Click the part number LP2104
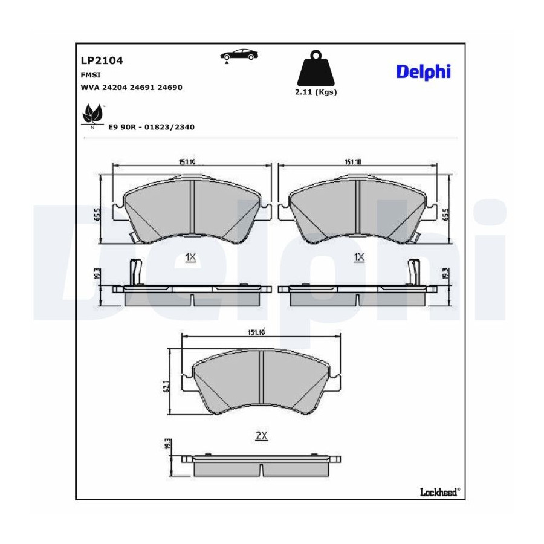(x=102, y=60)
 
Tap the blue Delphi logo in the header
(x=423, y=72)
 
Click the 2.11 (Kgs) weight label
(x=316, y=92)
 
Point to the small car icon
(x=239, y=56)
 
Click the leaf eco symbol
(x=93, y=116)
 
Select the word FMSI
(x=91, y=74)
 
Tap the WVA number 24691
(x=142, y=88)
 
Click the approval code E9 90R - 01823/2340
(x=151, y=127)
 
